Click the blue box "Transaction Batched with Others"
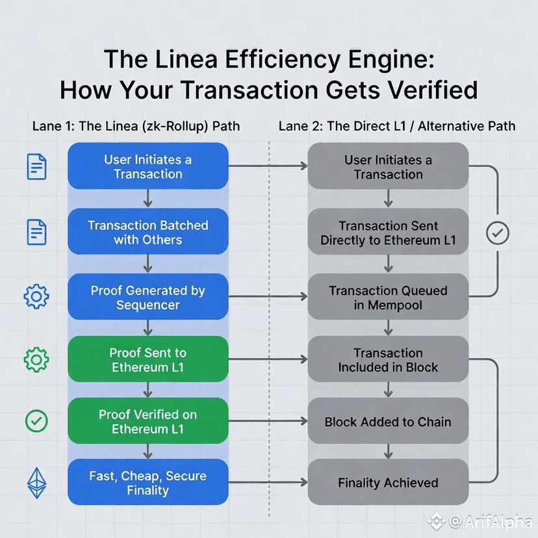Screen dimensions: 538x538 point(148,232)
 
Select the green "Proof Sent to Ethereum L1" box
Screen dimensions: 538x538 point(148,359)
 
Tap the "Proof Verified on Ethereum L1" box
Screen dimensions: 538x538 point(148,421)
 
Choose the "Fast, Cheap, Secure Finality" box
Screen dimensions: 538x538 point(148,482)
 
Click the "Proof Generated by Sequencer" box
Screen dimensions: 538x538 point(148,297)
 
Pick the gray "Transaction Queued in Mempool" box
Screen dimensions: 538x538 point(388,297)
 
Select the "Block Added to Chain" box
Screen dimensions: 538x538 point(388,421)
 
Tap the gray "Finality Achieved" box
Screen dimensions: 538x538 point(388,482)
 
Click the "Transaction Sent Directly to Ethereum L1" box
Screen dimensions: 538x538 point(388,232)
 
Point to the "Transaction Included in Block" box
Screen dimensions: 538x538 point(388,359)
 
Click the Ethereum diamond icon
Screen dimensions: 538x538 point(36,483)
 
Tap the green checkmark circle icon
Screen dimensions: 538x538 point(36,421)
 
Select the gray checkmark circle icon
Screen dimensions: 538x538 point(498,233)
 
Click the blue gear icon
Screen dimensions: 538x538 point(36,297)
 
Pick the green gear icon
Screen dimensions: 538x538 point(36,359)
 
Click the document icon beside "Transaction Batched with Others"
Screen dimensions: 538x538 point(36,232)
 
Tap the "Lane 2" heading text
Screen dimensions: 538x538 point(300,125)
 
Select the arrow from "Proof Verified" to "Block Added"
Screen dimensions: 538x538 point(268,421)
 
